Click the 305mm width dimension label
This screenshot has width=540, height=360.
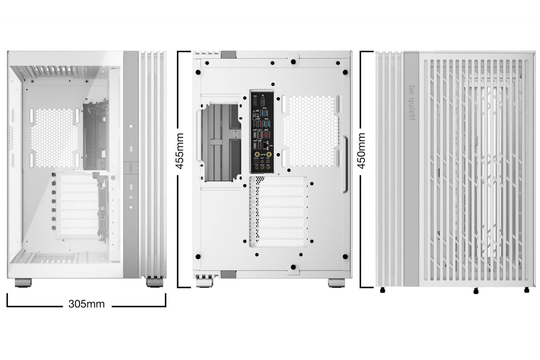86,304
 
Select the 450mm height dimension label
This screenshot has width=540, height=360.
361,150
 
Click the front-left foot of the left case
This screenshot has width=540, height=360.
23,282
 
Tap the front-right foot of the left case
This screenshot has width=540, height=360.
154,283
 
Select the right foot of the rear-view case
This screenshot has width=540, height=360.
336,283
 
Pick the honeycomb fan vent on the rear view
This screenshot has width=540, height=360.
311,131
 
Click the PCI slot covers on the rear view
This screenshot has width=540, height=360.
278,211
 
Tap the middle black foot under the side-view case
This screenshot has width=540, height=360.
476,291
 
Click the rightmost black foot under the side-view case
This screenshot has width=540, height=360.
527,290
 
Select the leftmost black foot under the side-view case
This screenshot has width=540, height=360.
382,291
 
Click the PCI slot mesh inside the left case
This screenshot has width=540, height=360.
78,205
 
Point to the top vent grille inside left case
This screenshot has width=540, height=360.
58,71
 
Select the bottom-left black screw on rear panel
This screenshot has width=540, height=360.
198,256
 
